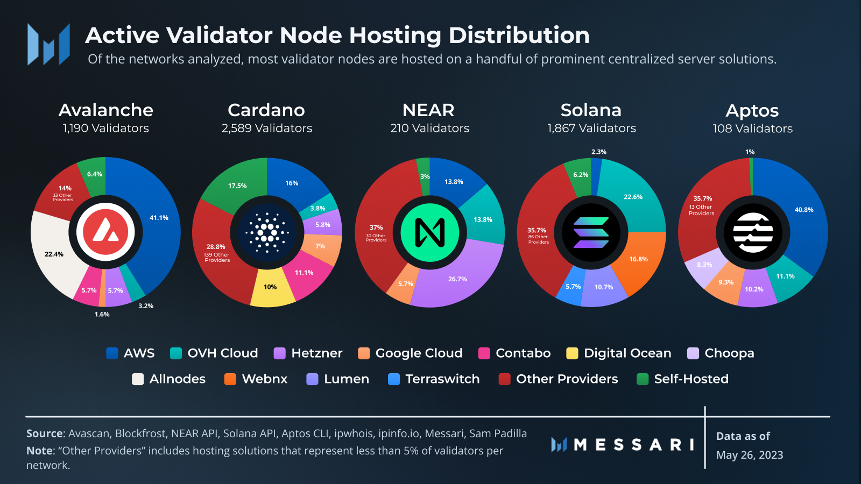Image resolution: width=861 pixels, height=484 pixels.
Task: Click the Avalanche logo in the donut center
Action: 105,232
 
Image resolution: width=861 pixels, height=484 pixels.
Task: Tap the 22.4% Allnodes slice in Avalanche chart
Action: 54,254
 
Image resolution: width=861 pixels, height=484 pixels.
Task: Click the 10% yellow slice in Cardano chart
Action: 270,287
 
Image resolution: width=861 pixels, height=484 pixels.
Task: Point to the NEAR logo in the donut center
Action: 429,232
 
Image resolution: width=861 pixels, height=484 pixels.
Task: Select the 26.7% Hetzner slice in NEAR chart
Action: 457,279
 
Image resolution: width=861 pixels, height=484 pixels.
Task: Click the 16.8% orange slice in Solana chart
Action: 638,259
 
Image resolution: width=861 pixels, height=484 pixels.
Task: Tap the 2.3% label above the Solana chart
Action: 598,152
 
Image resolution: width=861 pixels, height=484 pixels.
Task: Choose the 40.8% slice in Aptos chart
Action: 803,210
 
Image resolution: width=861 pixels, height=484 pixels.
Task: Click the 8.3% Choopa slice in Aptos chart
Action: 704,265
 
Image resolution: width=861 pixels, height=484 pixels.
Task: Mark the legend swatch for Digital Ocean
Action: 572,353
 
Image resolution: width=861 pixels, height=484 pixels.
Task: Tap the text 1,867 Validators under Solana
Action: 591,129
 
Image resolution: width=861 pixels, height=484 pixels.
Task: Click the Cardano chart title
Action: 266,110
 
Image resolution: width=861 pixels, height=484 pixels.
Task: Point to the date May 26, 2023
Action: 749,455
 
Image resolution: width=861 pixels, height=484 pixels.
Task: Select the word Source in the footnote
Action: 45,433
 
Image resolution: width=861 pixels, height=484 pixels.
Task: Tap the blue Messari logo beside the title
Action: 48,44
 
